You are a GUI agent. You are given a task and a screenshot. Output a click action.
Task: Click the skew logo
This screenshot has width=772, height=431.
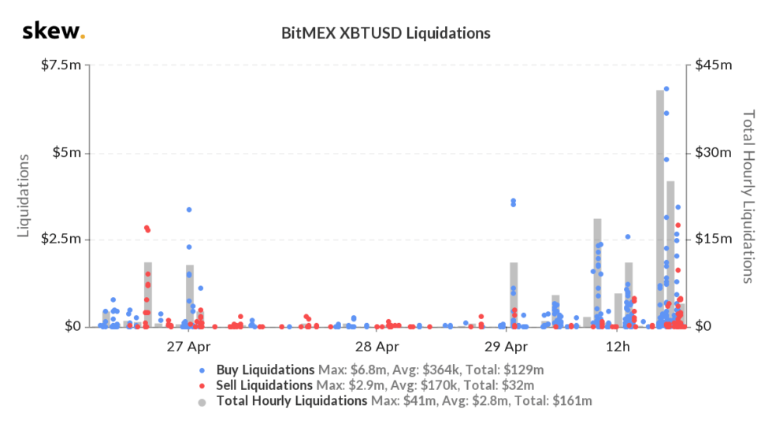pos(53,32)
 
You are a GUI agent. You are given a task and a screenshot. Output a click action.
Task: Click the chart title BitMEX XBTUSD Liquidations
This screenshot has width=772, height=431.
pos(386,34)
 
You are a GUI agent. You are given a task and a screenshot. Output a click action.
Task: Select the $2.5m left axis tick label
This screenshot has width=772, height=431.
pos(61,240)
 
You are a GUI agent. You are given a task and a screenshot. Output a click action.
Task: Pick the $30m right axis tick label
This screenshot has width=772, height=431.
pos(714,152)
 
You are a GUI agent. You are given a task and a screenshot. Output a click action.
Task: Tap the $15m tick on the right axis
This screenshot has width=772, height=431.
pos(714,240)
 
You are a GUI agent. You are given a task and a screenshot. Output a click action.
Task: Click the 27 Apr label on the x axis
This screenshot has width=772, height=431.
pos(188,347)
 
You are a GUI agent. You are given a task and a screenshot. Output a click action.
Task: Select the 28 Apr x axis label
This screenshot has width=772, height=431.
pos(376,347)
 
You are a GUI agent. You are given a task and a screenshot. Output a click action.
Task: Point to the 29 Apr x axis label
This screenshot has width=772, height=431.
pos(505,347)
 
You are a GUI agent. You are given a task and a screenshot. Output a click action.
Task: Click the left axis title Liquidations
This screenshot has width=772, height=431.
pos(24,195)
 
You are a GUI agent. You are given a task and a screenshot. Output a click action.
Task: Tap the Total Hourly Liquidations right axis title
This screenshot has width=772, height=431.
pos(748,195)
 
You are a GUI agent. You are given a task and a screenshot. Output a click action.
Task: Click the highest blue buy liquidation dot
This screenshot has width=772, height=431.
pos(666,89)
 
